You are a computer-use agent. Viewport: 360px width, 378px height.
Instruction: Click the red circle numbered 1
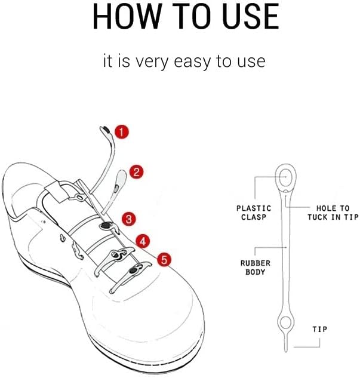coord(121,131)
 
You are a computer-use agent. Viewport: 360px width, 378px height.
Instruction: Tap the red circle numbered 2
coord(136,173)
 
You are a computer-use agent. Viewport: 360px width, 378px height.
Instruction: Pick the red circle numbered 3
coord(128,219)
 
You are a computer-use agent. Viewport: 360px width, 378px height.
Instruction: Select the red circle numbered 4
coord(142,241)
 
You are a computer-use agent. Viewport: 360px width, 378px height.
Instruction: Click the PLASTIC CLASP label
coord(254,213)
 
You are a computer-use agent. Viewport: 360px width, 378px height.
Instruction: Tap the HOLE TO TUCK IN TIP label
coord(333,213)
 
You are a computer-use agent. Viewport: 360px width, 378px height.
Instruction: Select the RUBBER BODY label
coord(256,267)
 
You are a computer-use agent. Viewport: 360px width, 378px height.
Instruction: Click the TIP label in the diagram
coord(319,329)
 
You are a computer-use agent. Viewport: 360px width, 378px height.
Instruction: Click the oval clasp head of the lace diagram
coord(285,177)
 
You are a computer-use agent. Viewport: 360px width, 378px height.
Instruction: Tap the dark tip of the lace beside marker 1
coord(104,128)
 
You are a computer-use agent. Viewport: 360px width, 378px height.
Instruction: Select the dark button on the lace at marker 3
coord(106,225)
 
